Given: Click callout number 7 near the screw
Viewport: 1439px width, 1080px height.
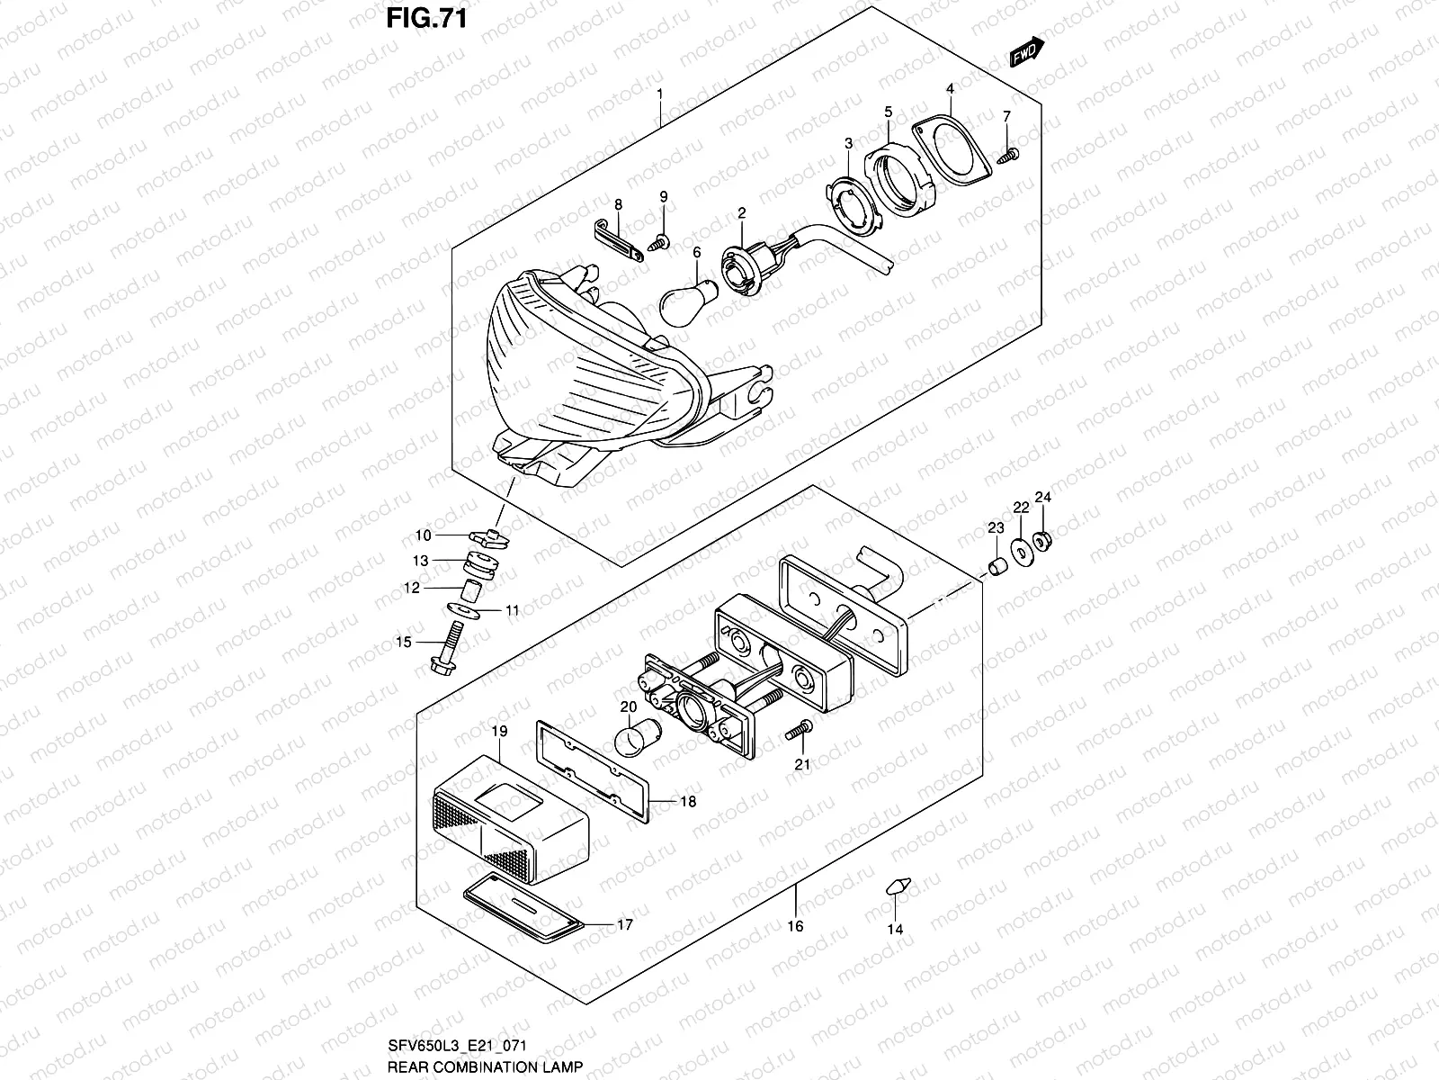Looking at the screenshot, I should [x=1006, y=116].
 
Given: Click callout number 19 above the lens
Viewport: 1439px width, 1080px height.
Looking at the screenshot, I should [x=499, y=732].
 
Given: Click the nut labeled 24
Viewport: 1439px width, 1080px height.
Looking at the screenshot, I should [x=1044, y=541].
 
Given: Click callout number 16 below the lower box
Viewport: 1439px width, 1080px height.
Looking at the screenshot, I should [x=795, y=926].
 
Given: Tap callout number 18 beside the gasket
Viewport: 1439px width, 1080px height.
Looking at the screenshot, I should [x=687, y=801].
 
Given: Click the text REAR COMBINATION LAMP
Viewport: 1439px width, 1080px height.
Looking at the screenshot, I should [x=486, y=1066].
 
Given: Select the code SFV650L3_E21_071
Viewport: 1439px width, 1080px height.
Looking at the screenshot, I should [x=456, y=1045].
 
